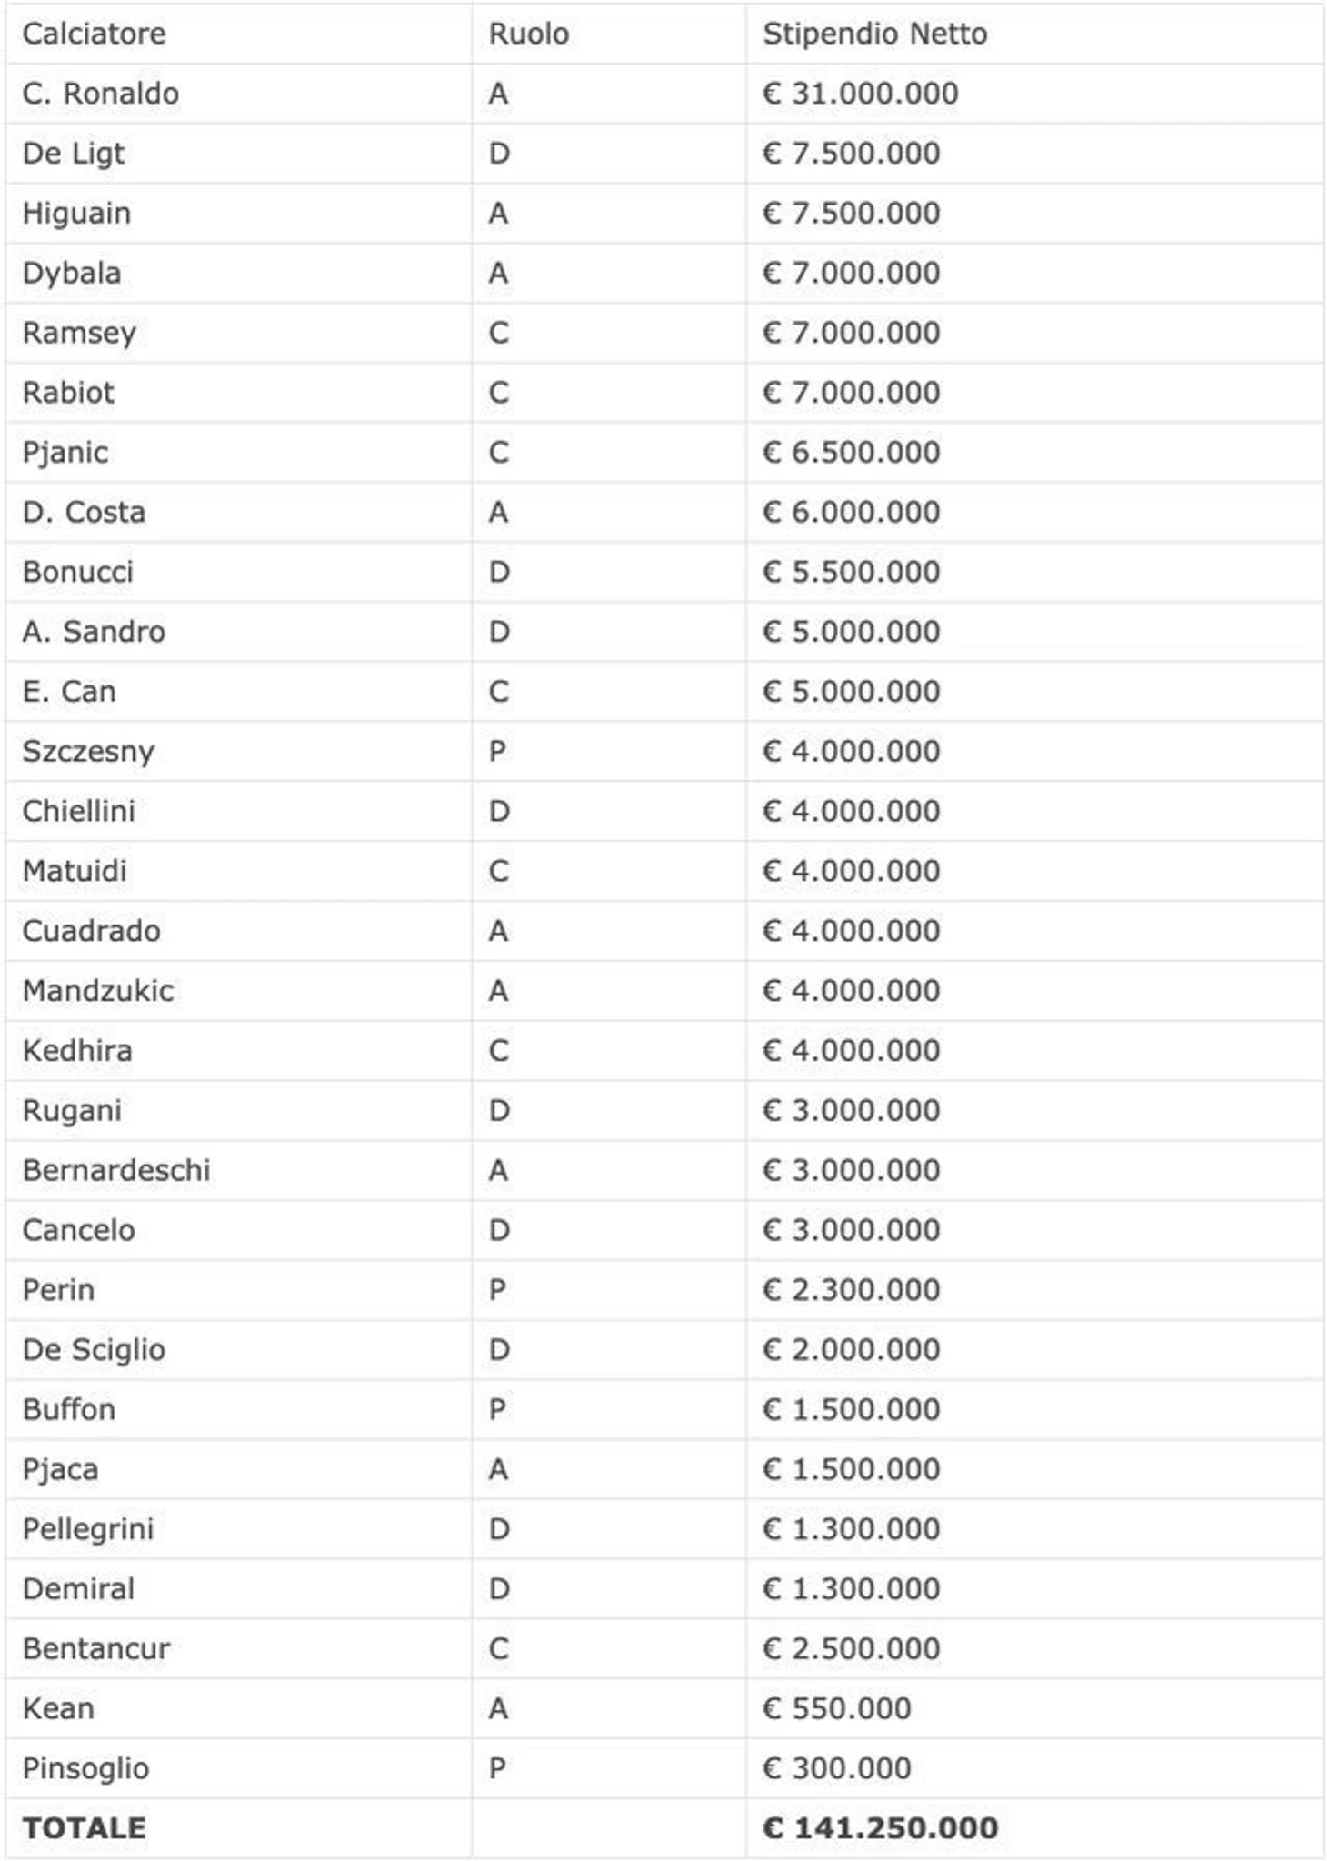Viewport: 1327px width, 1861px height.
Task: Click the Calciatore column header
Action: point(94,34)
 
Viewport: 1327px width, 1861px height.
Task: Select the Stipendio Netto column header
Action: point(874,34)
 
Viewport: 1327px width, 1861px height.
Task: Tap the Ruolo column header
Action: point(528,34)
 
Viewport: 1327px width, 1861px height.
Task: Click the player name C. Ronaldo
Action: point(100,94)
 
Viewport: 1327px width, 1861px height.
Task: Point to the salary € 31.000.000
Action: point(860,94)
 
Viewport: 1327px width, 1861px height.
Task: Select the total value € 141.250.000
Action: point(880,1827)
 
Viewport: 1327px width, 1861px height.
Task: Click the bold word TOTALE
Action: point(84,1827)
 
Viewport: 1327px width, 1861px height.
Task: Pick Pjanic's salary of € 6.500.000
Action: point(851,452)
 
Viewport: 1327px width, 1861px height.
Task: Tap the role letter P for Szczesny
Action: point(497,751)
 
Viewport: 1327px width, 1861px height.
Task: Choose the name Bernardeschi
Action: point(116,1170)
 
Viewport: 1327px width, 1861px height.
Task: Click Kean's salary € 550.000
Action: point(836,1708)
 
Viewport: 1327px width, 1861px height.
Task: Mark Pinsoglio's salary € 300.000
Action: point(836,1768)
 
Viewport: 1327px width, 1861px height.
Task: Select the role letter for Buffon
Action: point(497,1409)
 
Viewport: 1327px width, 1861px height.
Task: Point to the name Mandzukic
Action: point(98,990)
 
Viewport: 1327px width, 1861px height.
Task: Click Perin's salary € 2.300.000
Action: point(851,1289)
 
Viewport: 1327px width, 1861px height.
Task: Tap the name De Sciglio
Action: point(94,1349)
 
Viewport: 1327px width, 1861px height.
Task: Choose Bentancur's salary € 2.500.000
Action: point(851,1648)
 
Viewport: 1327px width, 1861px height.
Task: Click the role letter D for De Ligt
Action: point(499,153)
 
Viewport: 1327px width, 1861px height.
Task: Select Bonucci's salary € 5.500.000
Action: point(851,572)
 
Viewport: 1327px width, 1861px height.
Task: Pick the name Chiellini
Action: point(78,811)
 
